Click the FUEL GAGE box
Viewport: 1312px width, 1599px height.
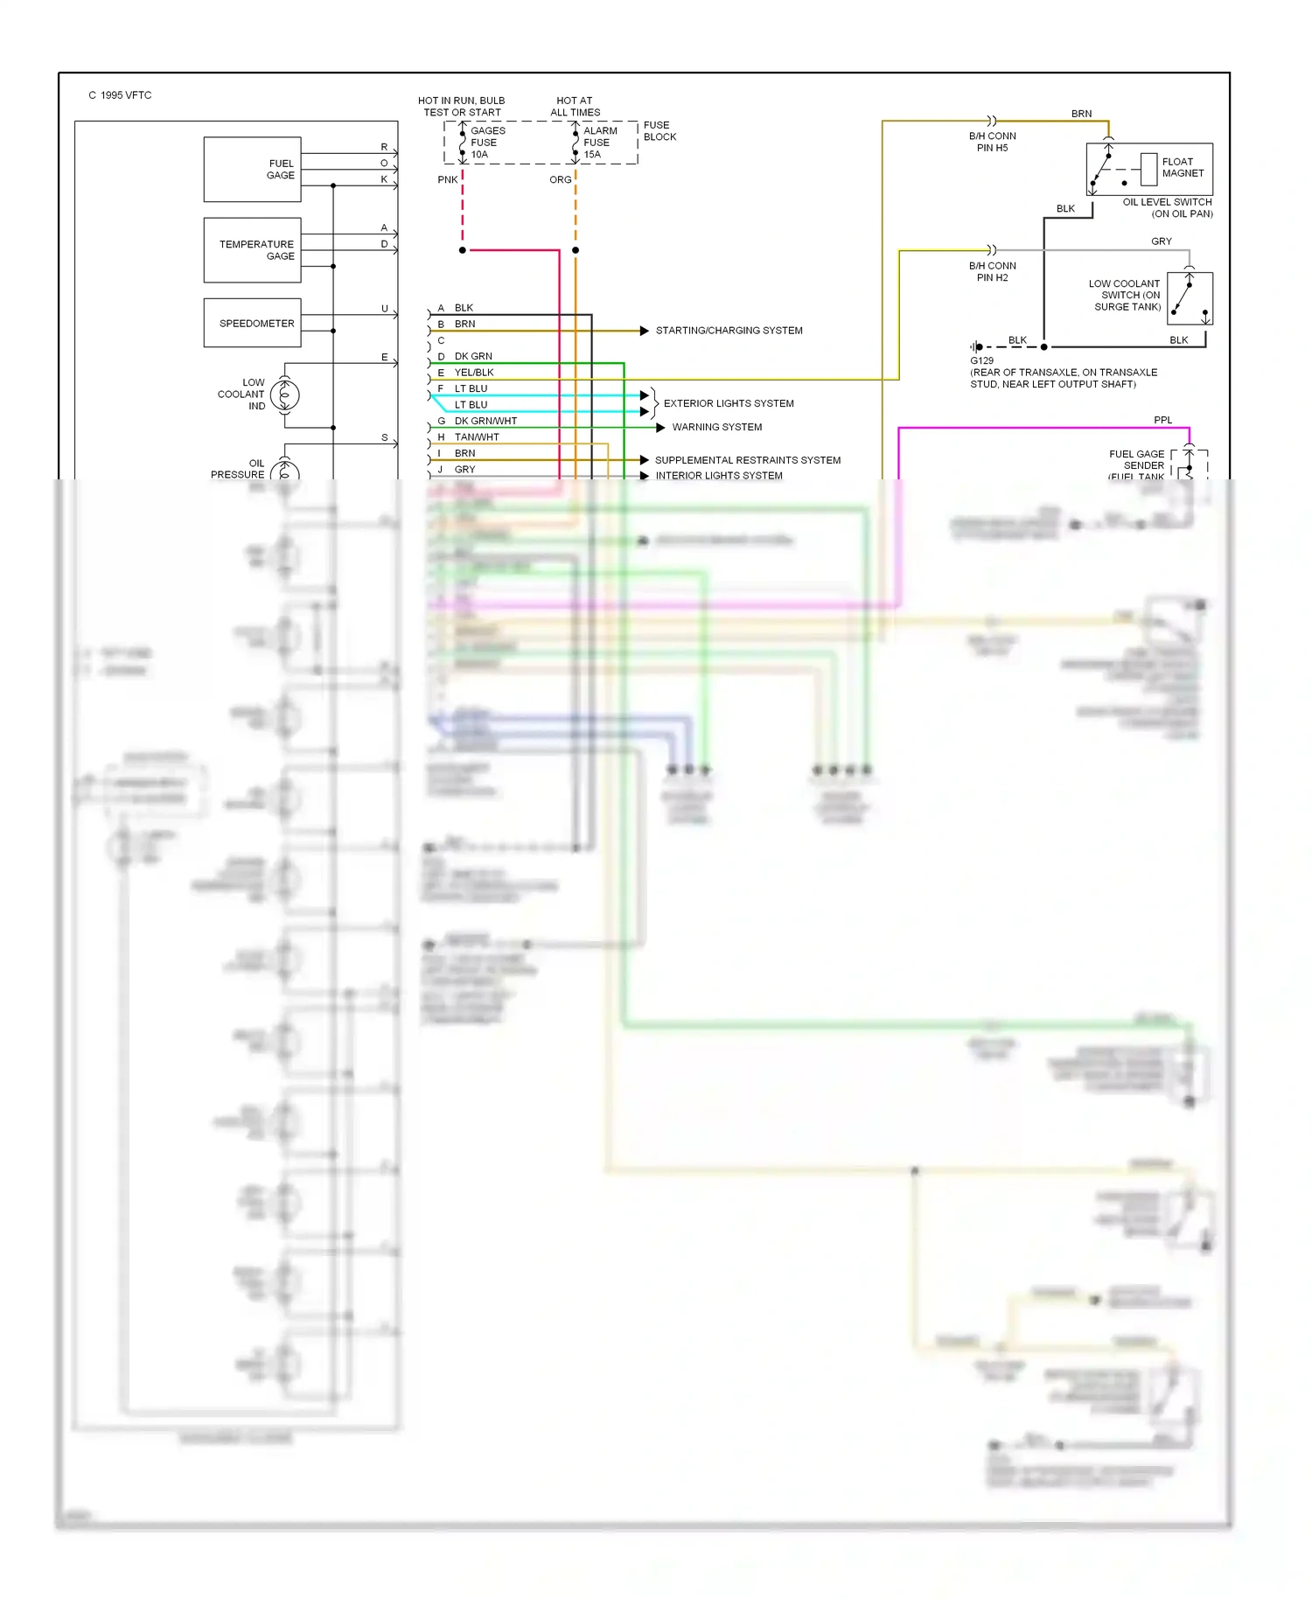pos(252,170)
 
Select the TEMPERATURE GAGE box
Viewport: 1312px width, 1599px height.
pos(252,250)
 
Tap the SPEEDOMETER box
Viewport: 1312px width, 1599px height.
pos(252,323)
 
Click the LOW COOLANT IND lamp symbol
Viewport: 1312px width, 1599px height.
pos(285,395)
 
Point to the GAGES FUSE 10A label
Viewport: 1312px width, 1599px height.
pos(487,143)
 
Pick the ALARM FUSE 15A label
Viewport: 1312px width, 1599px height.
pos(599,143)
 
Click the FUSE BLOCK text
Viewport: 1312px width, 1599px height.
pos(659,131)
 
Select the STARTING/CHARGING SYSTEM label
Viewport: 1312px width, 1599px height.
pos(729,331)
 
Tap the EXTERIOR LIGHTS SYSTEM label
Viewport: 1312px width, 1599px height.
pos(729,403)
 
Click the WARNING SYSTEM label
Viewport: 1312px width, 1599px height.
pos(716,427)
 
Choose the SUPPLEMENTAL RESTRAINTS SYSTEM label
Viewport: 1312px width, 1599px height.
pos(747,460)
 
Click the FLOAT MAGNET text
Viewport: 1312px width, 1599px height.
pos(1183,167)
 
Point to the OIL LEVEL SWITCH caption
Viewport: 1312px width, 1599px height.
pos(1168,207)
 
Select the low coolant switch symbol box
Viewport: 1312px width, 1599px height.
pos(1190,298)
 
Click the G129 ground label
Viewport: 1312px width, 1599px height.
pos(981,360)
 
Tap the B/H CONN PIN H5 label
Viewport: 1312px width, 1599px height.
pos(992,142)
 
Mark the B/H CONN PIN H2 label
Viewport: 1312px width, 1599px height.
pos(992,271)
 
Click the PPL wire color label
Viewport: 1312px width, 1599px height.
pos(1162,420)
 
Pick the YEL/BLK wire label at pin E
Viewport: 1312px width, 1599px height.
pos(474,373)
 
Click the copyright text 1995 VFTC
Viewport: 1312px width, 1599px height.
pos(120,95)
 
